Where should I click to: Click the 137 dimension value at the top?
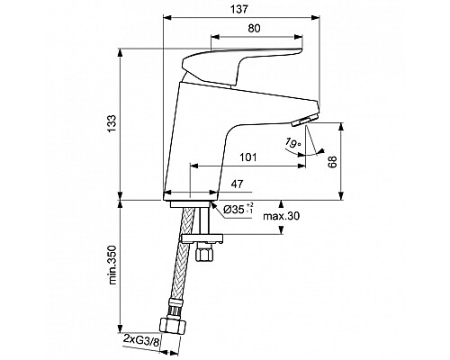pyautogui.click(x=240, y=10)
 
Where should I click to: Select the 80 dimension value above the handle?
pyautogui.click(x=255, y=28)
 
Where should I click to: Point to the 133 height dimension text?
pyautogui.click(x=112, y=123)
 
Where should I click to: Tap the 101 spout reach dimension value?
pyautogui.click(x=248, y=157)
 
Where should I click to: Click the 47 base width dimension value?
pyautogui.click(x=237, y=184)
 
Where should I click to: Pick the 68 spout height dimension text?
pyautogui.click(x=332, y=162)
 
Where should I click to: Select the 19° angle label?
pyautogui.click(x=292, y=142)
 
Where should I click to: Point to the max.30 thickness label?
pyautogui.click(x=281, y=216)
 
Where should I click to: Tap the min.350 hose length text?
pyautogui.click(x=112, y=265)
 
